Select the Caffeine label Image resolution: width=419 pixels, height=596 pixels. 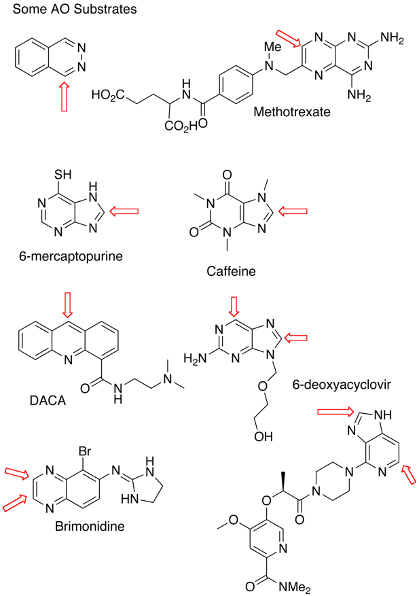[229, 271]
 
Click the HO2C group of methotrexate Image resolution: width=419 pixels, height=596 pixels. [107, 94]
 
